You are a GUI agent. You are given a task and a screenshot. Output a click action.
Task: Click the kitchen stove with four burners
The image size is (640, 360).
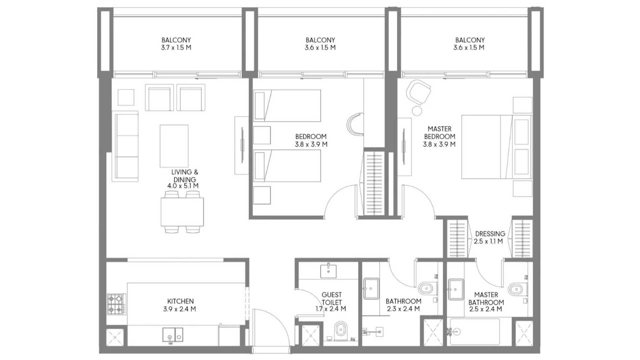116,304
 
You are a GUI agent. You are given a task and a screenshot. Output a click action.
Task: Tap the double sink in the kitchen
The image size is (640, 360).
173,334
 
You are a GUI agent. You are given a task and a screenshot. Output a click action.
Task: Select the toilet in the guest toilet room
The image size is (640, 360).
340,331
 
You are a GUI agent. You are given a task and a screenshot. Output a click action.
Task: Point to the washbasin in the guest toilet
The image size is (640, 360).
328,271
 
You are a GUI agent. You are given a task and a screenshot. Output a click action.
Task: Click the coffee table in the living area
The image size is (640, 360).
174,146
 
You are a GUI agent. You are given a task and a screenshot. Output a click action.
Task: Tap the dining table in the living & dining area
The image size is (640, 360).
182,212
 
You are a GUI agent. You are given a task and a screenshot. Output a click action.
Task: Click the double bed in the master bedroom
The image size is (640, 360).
497,147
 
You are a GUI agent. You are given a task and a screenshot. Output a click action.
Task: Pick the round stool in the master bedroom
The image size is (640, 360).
417,110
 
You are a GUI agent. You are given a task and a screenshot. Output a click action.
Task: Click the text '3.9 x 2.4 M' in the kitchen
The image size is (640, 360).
179,309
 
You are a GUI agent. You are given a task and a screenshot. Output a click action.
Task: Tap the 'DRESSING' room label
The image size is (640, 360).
490,234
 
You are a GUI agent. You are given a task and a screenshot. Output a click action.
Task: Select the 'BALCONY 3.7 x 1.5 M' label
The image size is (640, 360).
176,44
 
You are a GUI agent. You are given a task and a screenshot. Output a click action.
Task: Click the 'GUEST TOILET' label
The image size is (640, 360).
332,298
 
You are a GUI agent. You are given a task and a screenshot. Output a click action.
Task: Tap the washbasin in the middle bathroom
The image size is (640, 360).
371,289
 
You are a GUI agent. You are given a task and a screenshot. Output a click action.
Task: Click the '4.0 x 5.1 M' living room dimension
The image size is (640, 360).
183,186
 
